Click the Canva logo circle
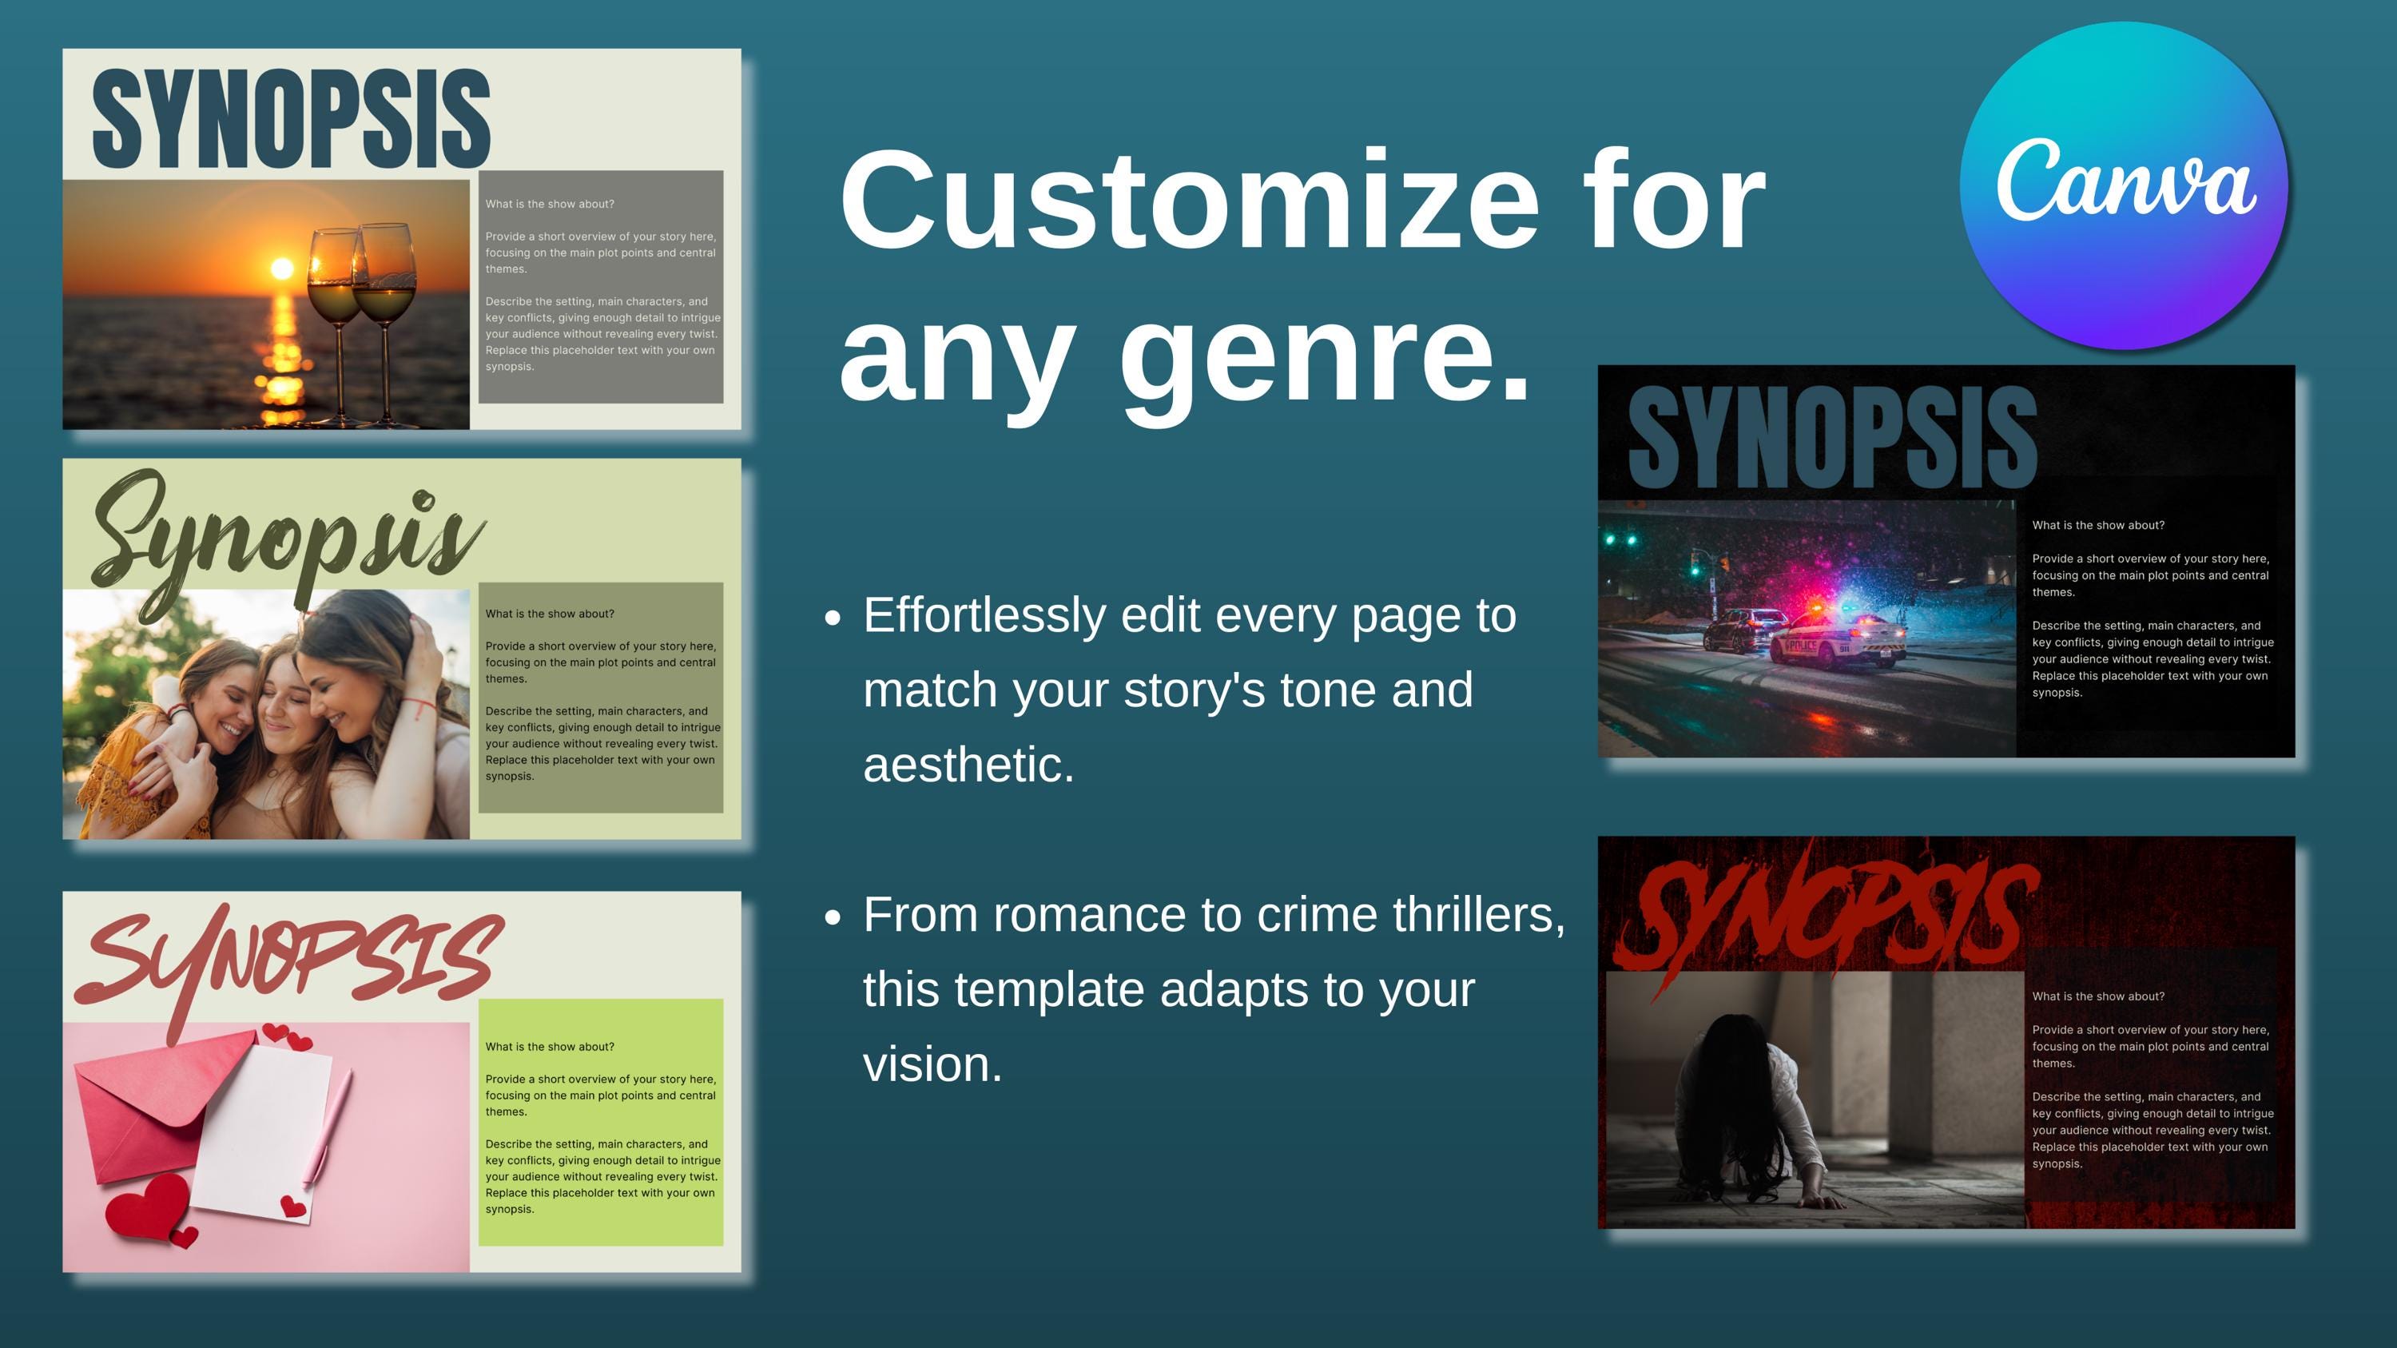pos(2124,186)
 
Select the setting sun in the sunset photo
pos(281,268)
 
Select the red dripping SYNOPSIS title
pos(1824,917)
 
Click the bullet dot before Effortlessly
pos(833,618)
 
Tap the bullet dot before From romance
pos(833,917)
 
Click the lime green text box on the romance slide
pos(600,1121)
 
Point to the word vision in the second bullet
pos(932,1064)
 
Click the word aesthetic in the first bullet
pos(968,765)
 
